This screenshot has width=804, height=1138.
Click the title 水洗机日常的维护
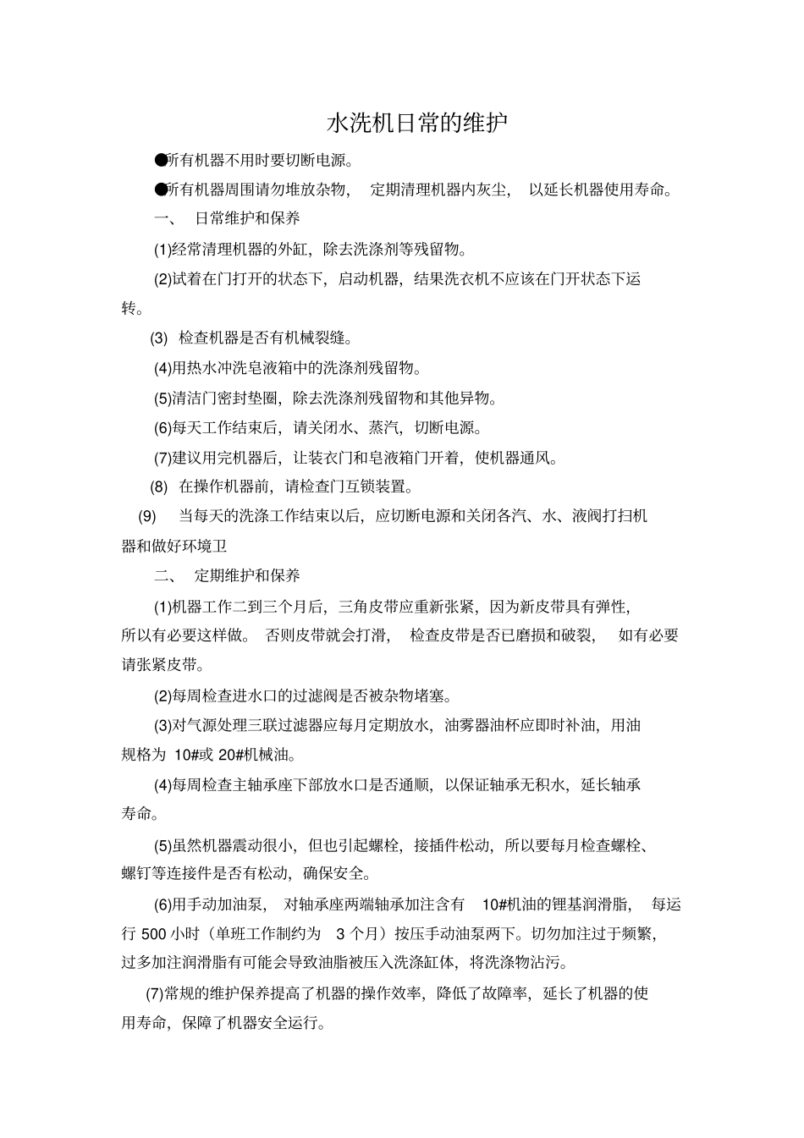pyautogui.click(x=417, y=124)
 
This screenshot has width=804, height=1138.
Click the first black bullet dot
pyautogui.click(x=160, y=160)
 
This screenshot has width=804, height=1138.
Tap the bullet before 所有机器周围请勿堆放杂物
pyautogui.click(x=160, y=190)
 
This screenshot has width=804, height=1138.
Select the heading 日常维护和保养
pyautogui.click(x=247, y=218)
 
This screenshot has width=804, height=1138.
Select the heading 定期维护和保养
pyautogui.click(x=247, y=576)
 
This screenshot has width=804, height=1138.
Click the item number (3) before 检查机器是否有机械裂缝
pyautogui.click(x=159, y=338)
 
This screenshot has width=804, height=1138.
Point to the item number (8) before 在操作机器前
pyautogui.click(x=159, y=487)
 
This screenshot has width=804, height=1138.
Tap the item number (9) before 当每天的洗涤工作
pyautogui.click(x=147, y=516)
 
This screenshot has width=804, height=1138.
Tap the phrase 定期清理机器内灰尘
pyautogui.click(x=440, y=190)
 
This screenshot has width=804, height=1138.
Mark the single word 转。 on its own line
pyautogui.click(x=132, y=309)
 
